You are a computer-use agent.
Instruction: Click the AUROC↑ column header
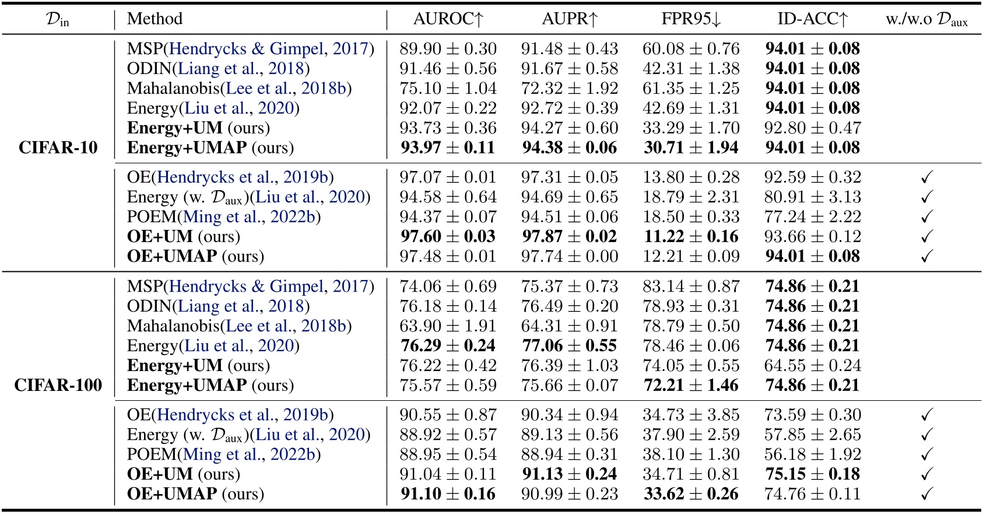[448, 19]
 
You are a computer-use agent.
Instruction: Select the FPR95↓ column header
[691, 19]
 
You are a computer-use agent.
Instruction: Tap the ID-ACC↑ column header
[812, 19]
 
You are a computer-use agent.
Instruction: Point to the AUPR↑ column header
[570, 19]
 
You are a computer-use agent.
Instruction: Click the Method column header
[155, 19]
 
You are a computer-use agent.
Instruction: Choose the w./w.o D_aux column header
[926, 20]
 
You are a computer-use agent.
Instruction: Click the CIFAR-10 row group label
[58, 148]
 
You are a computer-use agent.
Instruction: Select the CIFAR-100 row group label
[58, 385]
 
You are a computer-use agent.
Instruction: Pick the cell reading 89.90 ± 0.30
[448, 49]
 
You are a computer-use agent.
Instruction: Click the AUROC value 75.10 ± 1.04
[448, 89]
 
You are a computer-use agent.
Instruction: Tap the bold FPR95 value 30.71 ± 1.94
[691, 148]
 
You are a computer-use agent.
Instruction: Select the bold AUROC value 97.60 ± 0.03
[448, 236]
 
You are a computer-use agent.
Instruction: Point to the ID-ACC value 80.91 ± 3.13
[812, 197]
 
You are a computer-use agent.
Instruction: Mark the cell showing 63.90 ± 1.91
[448, 326]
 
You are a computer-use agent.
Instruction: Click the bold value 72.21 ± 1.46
[691, 385]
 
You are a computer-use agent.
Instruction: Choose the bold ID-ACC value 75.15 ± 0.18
[812, 474]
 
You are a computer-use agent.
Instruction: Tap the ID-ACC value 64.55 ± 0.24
[812, 366]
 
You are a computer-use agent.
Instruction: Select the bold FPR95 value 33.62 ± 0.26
[691, 494]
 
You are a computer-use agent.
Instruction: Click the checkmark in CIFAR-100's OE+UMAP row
[926, 494]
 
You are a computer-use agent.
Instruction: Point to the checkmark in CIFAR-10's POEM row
[926, 217]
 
